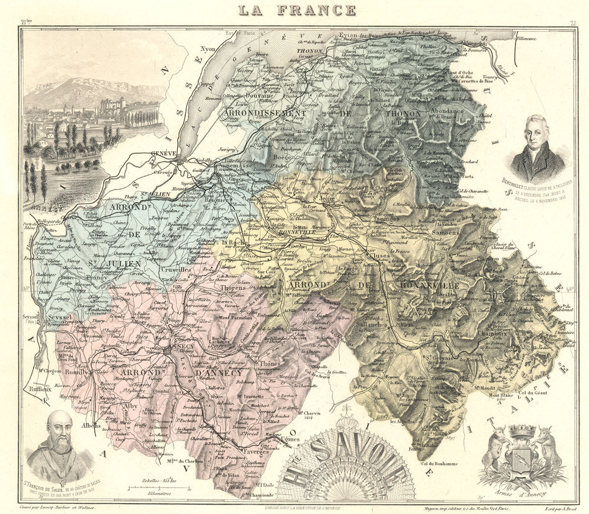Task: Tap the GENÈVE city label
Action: coord(164,153)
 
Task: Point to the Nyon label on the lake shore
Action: coord(208,49)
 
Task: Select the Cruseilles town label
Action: coord(173,269)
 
